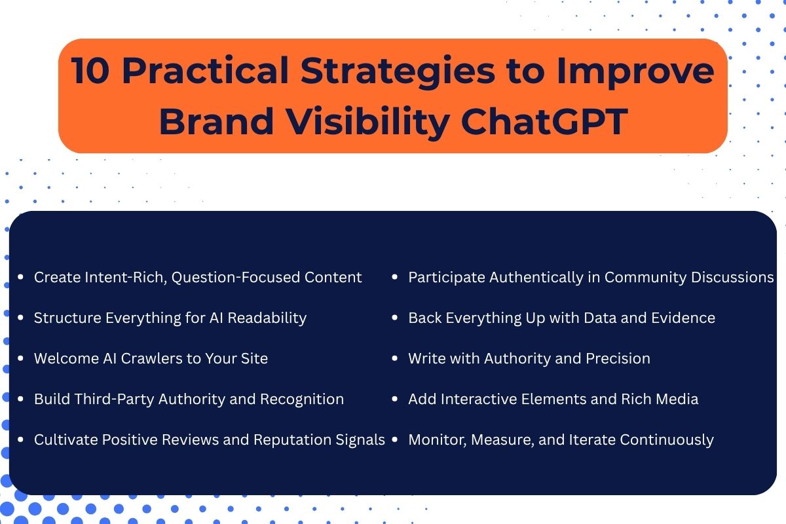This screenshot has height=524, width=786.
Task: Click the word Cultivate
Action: (65, 440)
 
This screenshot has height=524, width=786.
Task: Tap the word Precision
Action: (617, 358)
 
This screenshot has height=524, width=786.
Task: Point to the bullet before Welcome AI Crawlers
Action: (22, 359)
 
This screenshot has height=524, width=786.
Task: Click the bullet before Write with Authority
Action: (395, 359)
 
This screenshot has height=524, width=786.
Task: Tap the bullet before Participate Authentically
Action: (395, 278)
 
